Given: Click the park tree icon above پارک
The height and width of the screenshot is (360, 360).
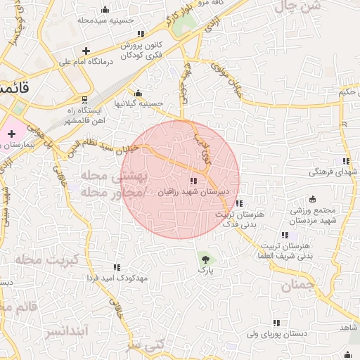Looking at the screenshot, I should (205, 257).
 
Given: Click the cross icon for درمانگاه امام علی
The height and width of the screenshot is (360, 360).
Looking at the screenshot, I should (86, 51).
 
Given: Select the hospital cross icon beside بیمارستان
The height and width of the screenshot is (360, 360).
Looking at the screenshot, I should (12, 134).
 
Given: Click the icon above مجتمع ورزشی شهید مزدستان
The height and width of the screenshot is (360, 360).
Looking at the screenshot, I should (312, 199).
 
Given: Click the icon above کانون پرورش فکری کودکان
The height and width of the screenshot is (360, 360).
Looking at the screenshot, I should (141, 34).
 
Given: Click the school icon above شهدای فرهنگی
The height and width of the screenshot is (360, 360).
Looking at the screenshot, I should (345, 161).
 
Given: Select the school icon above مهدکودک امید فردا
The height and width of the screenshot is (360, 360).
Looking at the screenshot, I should (117, 267).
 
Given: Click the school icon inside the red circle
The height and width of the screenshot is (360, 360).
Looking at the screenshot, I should (193, 181).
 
